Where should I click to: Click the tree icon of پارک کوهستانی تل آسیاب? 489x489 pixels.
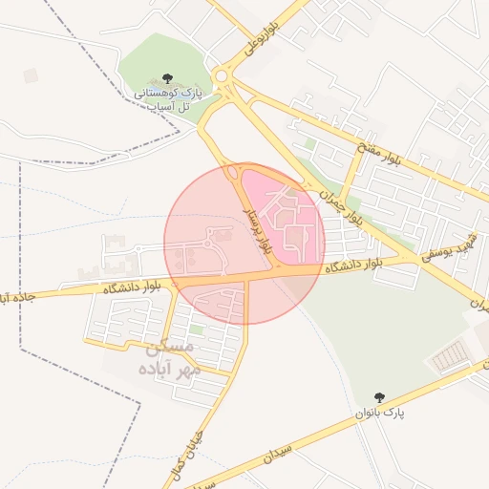pyautogui.click(x=168, y=78)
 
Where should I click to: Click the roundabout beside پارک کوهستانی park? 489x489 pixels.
pyautogui.click(x=224, y=76)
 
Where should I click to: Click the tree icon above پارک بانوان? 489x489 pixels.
pyautogui.click(x=381, y=396)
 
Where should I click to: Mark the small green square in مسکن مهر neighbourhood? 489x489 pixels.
pyautogui.click(x=197, y=329)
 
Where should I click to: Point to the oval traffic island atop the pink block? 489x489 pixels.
pyautogui.click(x=233, y=172)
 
